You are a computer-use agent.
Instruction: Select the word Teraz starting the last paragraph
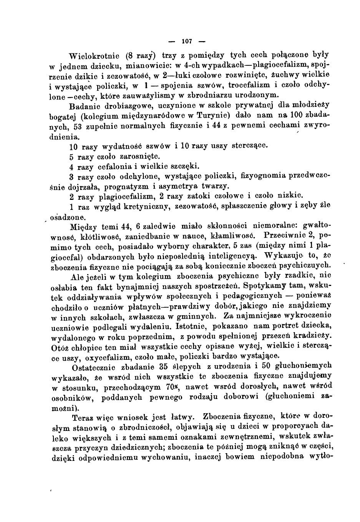tap(83, 417)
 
